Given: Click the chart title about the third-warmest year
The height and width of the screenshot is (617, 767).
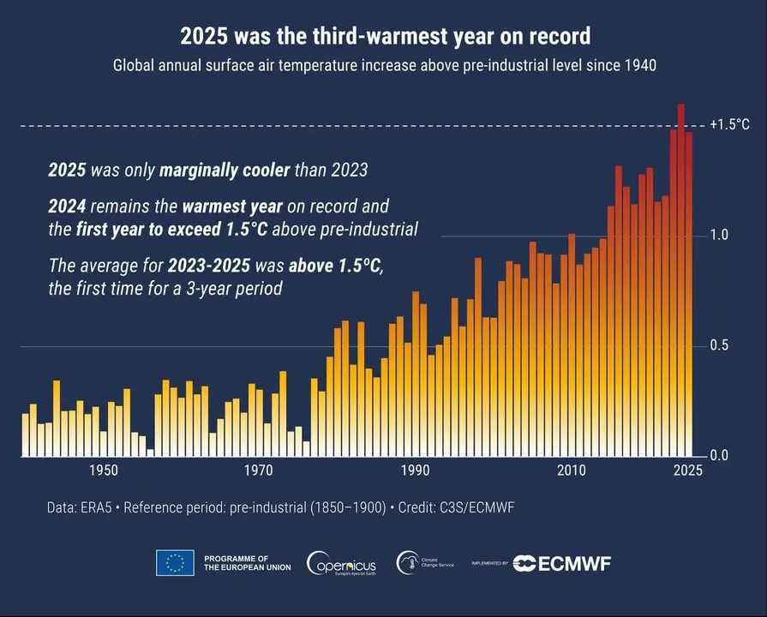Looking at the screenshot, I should (x=385, y=36).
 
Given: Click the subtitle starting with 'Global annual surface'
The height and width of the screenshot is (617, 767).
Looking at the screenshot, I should (x=385, y=66).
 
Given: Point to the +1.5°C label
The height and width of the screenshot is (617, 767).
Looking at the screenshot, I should (x=729, y=125).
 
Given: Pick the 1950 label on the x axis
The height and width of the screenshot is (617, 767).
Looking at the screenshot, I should (x=103, y=470).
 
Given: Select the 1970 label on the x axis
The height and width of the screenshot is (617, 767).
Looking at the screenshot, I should (x=259, y=470).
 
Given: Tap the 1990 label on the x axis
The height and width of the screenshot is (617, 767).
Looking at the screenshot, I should (x=415, y=470).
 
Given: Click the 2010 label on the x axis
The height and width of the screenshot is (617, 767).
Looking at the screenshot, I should (x=571, y=470).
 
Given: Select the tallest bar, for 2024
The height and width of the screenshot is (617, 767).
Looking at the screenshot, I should (x=680, y=283).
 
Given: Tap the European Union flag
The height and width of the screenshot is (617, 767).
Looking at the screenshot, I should (x=175, y=563).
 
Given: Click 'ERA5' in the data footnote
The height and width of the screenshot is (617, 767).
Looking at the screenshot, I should (x=99, y=508).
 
